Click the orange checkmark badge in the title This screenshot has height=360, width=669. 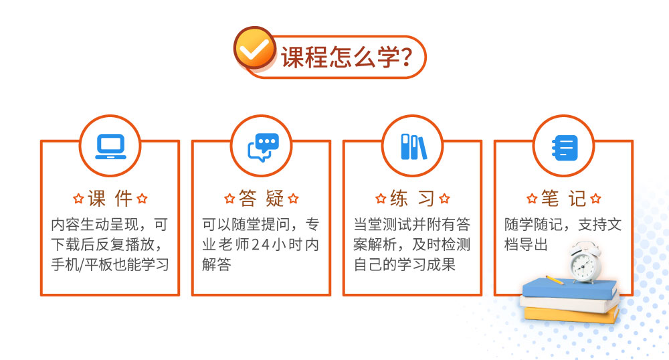tap(255, 48)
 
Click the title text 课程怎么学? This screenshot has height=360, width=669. tap(347, 57)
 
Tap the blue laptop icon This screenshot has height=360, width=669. tap(110, 147)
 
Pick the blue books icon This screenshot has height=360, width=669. tap(413, 147)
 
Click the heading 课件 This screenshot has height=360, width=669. tap(110, 199)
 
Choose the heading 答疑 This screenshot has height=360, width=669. tap(261, 199)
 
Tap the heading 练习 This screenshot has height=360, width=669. tap(412, 199)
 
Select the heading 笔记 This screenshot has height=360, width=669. tap(563, 199)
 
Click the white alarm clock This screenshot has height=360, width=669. tap(585, 262)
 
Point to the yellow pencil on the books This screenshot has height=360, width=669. tap(555, 280)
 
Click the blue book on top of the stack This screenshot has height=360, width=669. tap(570, 288)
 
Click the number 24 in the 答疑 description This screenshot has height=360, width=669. tap(260, 245)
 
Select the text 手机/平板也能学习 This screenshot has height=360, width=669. tap(110, 264)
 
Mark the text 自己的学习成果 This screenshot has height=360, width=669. tap(405, 264)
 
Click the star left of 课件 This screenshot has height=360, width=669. tap(78, 199)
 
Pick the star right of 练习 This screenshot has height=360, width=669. tap(445, 199)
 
